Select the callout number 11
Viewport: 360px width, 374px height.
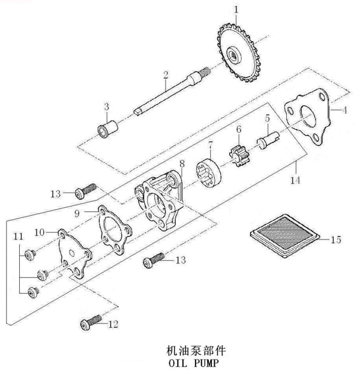click(x=19, y=237)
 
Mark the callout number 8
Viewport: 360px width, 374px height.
click(x=181, y=163)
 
